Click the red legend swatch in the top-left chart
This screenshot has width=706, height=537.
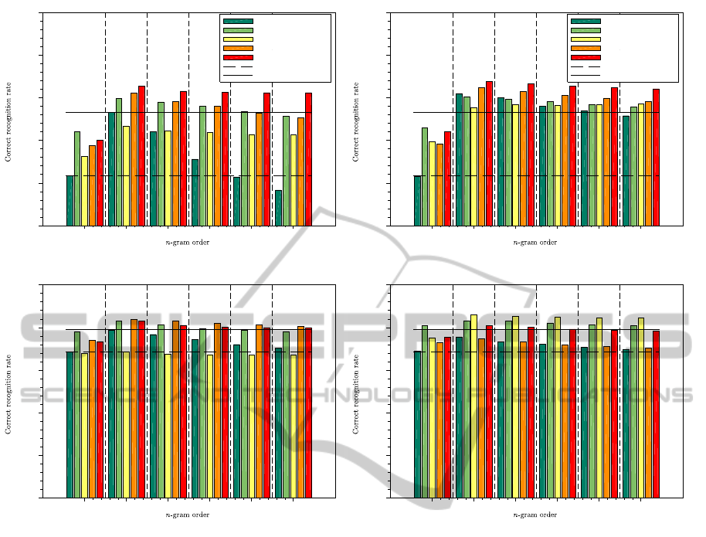click(x=237, y=57)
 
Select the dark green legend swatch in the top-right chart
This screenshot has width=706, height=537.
click(x=585, y=21)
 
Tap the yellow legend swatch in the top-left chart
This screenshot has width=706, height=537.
click(x=237, y=39)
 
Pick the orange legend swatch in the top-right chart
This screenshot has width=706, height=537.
click(x=585, y=48)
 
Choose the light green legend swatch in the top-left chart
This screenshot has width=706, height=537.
click(x=237, y=29)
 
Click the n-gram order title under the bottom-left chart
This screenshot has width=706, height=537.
click(x=188, y=515)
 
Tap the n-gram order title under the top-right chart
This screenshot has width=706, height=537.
click(x=535, y=243)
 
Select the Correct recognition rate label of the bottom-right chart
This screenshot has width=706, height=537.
click(x=356, y=392)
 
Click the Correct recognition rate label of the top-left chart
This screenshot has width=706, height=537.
click(x=8, y=121)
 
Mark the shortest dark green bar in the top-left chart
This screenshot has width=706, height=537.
click(x=278, y=208)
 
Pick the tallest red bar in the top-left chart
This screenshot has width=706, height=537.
click(x=141, y=155)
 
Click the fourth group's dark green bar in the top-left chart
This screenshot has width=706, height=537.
click(x=195, y=192)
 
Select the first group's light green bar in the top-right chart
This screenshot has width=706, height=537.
click(x=425, y=176)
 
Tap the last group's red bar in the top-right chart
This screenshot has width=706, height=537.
click(x=656, y=157)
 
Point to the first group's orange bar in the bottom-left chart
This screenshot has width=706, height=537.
click(x=92, y=418)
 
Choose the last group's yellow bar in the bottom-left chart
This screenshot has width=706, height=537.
click(x=293, y=425)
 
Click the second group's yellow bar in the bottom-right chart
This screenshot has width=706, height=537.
click(x=474, y=405)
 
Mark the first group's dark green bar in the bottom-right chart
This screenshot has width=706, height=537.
click(x=417, y=423)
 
